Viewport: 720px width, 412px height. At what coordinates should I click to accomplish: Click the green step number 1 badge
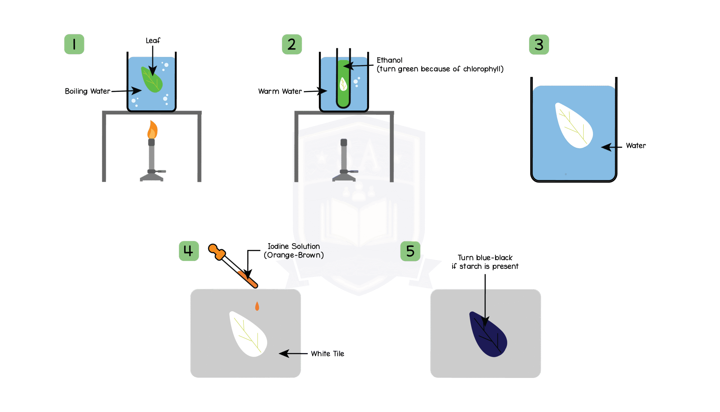[74, 44]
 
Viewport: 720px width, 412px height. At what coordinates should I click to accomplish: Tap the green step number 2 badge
[292, 44]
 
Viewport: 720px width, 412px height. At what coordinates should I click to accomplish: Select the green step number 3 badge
[539, 45]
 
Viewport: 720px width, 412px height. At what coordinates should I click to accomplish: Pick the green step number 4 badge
[189, 251]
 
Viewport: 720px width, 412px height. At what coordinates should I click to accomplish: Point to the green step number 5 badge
[410, 251]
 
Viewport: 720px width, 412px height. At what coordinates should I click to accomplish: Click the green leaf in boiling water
[152, 80]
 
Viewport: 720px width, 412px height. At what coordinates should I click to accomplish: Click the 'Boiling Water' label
[87, 91]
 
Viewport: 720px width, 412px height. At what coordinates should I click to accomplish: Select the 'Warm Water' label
[280, 92]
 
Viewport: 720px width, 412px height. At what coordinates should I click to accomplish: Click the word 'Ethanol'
[389, 60]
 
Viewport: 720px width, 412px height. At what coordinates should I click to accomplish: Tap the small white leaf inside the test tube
[343, 84]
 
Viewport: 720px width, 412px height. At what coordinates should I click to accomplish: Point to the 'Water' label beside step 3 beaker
[636, 146]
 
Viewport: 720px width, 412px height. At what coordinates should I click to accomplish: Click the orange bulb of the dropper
[217, 251]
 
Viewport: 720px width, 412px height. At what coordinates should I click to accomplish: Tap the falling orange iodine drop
[257, 306]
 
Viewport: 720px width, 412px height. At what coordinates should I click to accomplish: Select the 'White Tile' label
[327, 354]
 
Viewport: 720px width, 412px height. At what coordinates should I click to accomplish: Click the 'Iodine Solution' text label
[294, 246]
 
